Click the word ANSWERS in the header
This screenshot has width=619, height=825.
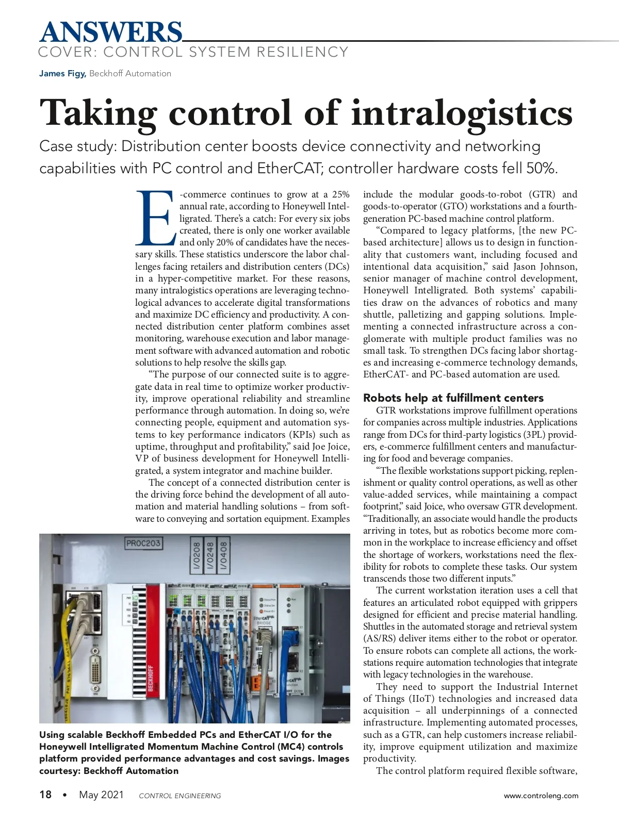[x=111, y=32]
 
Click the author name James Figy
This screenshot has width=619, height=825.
[x=62, y=74]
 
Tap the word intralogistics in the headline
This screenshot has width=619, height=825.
[x=462, y=112]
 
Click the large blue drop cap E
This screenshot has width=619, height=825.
[x=155, y=218]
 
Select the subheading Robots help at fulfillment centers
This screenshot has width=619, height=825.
[x=453, y=398]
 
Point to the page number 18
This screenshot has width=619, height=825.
[x=45, y=795]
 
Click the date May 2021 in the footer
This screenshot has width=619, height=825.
[x=102, y=795]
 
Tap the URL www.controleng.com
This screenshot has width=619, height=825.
[x=541, y=796]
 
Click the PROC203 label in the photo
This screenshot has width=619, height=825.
[x=143, y=543]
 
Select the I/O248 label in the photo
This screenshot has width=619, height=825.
[x=210, y=555]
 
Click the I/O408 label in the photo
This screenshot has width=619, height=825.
[x=223, y=555]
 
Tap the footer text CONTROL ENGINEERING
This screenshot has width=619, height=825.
[x=180, y=796]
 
